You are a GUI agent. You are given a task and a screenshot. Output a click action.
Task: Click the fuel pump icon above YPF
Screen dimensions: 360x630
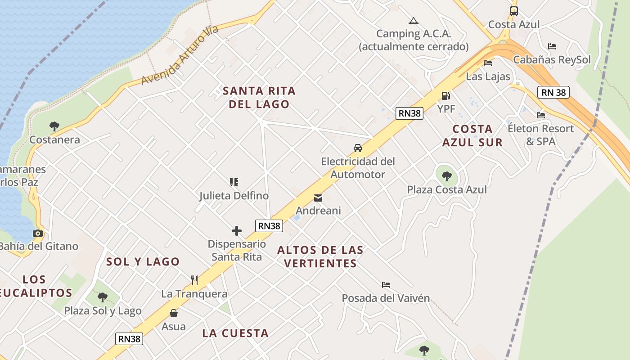click(445, 95)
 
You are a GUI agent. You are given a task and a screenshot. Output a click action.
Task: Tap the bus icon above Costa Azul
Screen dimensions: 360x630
click(513, 11)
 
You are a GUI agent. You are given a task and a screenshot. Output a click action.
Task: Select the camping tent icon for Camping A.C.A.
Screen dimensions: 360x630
click(413, 21)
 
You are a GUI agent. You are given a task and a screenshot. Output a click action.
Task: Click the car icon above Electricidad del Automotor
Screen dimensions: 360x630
click(357, 148)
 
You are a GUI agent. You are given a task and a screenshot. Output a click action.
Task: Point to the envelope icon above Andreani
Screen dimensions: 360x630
click(318, 198)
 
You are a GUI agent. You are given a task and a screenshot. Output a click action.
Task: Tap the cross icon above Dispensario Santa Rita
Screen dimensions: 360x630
click(237, 231)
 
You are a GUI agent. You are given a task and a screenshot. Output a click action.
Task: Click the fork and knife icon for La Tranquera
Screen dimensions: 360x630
click(194, 280)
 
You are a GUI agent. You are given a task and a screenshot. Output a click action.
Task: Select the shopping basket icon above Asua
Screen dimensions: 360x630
click(174, 313)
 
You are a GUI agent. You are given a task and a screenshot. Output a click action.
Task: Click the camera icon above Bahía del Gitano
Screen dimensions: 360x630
click(38, 233)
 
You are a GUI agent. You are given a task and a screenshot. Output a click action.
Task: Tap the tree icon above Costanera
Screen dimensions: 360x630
click(54, 126)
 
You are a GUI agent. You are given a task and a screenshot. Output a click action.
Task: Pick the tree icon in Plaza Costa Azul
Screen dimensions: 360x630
click(446, 176)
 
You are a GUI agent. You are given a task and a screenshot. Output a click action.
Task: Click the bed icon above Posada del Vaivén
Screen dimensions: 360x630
click(386, 285)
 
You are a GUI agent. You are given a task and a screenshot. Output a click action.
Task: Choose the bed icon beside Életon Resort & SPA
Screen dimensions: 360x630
click(541, 115)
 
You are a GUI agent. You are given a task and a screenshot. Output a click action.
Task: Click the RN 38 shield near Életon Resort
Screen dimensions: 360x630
click(553, 92)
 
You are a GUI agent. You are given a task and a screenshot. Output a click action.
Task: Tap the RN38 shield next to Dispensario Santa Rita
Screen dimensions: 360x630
click(269, 226)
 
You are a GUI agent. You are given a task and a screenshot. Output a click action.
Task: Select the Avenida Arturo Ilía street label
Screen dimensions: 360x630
click(180, 55)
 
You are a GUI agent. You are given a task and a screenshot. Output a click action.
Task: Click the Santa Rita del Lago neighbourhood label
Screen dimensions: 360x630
click(259, 97)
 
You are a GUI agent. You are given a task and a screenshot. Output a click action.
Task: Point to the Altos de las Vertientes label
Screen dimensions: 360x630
click(320, 256)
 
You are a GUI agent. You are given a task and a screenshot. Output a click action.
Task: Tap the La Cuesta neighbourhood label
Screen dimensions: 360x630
click(235, 333)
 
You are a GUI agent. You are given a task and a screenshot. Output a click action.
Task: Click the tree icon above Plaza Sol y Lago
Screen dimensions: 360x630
click(103, 297)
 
